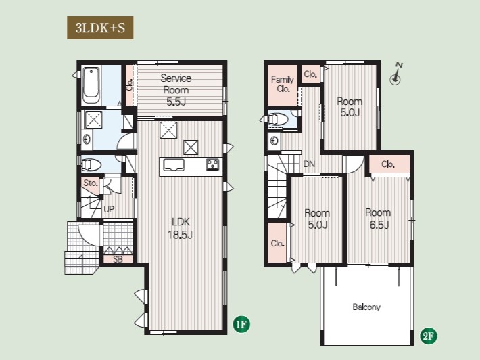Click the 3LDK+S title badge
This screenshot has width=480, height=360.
(100, 28)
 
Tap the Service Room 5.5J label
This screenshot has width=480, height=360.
(176, 90)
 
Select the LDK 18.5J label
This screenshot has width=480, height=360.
(180, 228)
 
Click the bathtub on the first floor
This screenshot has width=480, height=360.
(91, 85)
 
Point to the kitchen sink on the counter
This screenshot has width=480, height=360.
(174, 165)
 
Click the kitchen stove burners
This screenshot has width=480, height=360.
(213, 164)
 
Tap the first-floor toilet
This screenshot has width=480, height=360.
(91, 165)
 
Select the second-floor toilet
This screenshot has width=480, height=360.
(278, 120)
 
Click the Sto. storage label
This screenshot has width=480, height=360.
(91, 183)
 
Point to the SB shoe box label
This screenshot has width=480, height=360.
(118, 259)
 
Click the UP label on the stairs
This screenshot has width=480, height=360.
(109, 209)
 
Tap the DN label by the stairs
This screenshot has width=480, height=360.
(309, 164)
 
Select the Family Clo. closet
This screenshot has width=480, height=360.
(282, 85)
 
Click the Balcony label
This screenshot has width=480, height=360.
(366, 307)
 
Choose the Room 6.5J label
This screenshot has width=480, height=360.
(379, 219)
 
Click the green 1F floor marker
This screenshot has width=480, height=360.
(241, 324)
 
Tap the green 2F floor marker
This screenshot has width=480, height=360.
(428, 336)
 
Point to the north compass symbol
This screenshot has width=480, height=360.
(395, 74)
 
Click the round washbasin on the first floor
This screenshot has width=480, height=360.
(87, 140)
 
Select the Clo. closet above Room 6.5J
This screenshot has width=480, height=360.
(389, 164)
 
